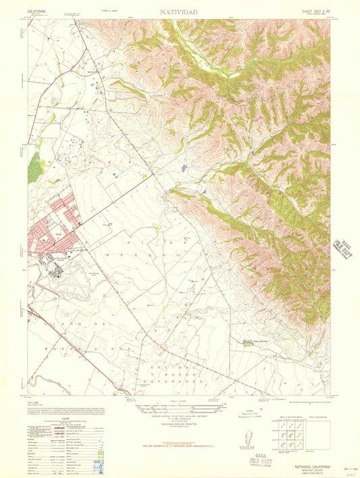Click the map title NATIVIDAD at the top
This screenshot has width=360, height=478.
tap(179, 12)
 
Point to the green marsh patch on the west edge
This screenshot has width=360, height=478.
tap(34, 166)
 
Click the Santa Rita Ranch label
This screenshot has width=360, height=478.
tap(252, 341)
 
